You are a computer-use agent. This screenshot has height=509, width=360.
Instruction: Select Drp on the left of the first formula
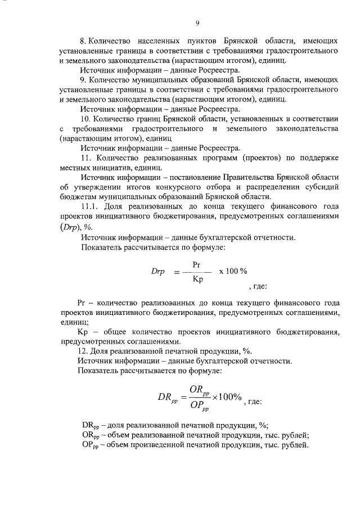pos(157,271)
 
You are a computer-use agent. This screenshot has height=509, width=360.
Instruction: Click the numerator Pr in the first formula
pos(196,263)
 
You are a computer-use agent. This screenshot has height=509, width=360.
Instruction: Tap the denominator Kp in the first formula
pos(197,278)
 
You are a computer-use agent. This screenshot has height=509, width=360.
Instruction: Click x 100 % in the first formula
pos(232,271)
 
